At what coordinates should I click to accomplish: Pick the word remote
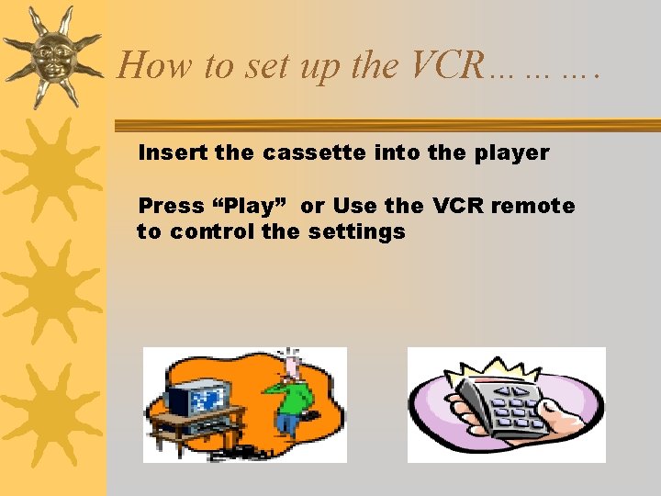532,206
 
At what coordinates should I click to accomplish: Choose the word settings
357,231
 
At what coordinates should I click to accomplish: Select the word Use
353,206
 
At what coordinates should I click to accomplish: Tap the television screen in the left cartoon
206,397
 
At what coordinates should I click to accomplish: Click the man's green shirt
292,395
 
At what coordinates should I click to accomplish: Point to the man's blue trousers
286,424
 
